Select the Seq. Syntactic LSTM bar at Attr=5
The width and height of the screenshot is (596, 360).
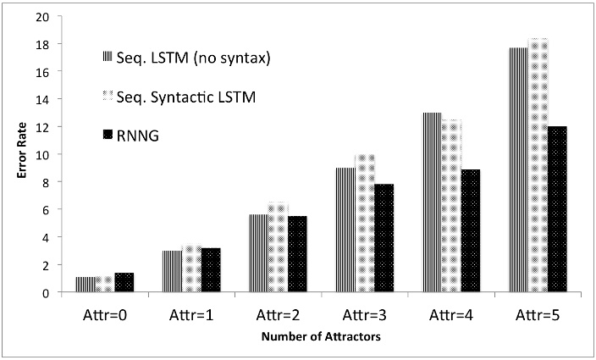(539, 165)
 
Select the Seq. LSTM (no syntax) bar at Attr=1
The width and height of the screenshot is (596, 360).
(172, 271)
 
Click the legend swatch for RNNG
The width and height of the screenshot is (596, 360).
(108, 134)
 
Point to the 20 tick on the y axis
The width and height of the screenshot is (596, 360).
(42, 16)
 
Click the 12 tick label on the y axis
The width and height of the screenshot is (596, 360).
(42, 127)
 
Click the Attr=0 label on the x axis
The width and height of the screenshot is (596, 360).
(106, 314)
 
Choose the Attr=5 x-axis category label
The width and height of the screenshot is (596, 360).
(538, 314)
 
